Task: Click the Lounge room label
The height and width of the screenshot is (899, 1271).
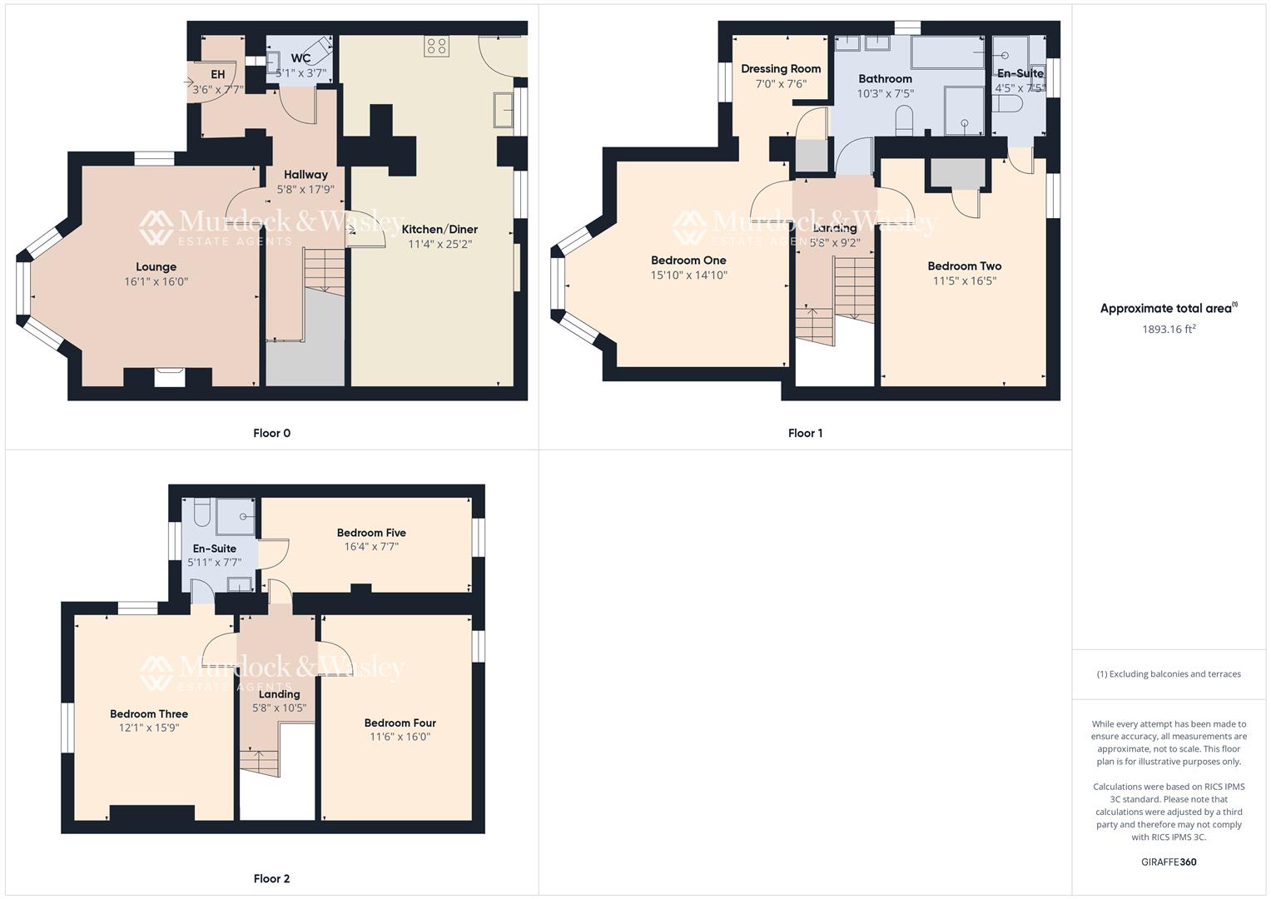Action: tap(156, 267)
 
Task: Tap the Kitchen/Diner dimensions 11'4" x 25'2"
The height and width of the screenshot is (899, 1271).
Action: tap(439, 245)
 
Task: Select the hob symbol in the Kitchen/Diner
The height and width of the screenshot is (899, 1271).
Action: tap(436, 46)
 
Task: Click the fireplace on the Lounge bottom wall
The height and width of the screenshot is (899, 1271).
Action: tap(170, 377)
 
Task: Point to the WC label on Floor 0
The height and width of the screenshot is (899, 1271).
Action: tap(300, 58)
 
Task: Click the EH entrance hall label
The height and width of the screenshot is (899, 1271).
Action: tap(217, 75)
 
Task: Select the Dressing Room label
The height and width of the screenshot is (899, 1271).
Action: tap(781, 69)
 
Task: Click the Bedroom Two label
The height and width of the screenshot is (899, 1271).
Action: tap(965, 266)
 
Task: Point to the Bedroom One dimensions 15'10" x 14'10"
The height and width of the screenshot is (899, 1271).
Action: tap(689, 276)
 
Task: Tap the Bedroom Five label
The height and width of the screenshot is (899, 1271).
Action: tap(371, 533)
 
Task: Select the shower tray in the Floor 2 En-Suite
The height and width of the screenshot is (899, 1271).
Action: tap(236, 516)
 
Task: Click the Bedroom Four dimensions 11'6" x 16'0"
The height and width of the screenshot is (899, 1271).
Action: tap(400, 738)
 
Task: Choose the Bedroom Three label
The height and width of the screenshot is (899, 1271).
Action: tap(149, 714)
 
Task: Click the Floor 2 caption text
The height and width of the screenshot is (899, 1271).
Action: tap(271, 879)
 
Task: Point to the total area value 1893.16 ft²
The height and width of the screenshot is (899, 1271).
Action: tap(1169, 329)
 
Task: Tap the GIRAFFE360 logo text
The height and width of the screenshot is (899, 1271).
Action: tap(1169, 862)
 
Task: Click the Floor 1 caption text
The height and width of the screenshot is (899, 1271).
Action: tap(805, 433)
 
